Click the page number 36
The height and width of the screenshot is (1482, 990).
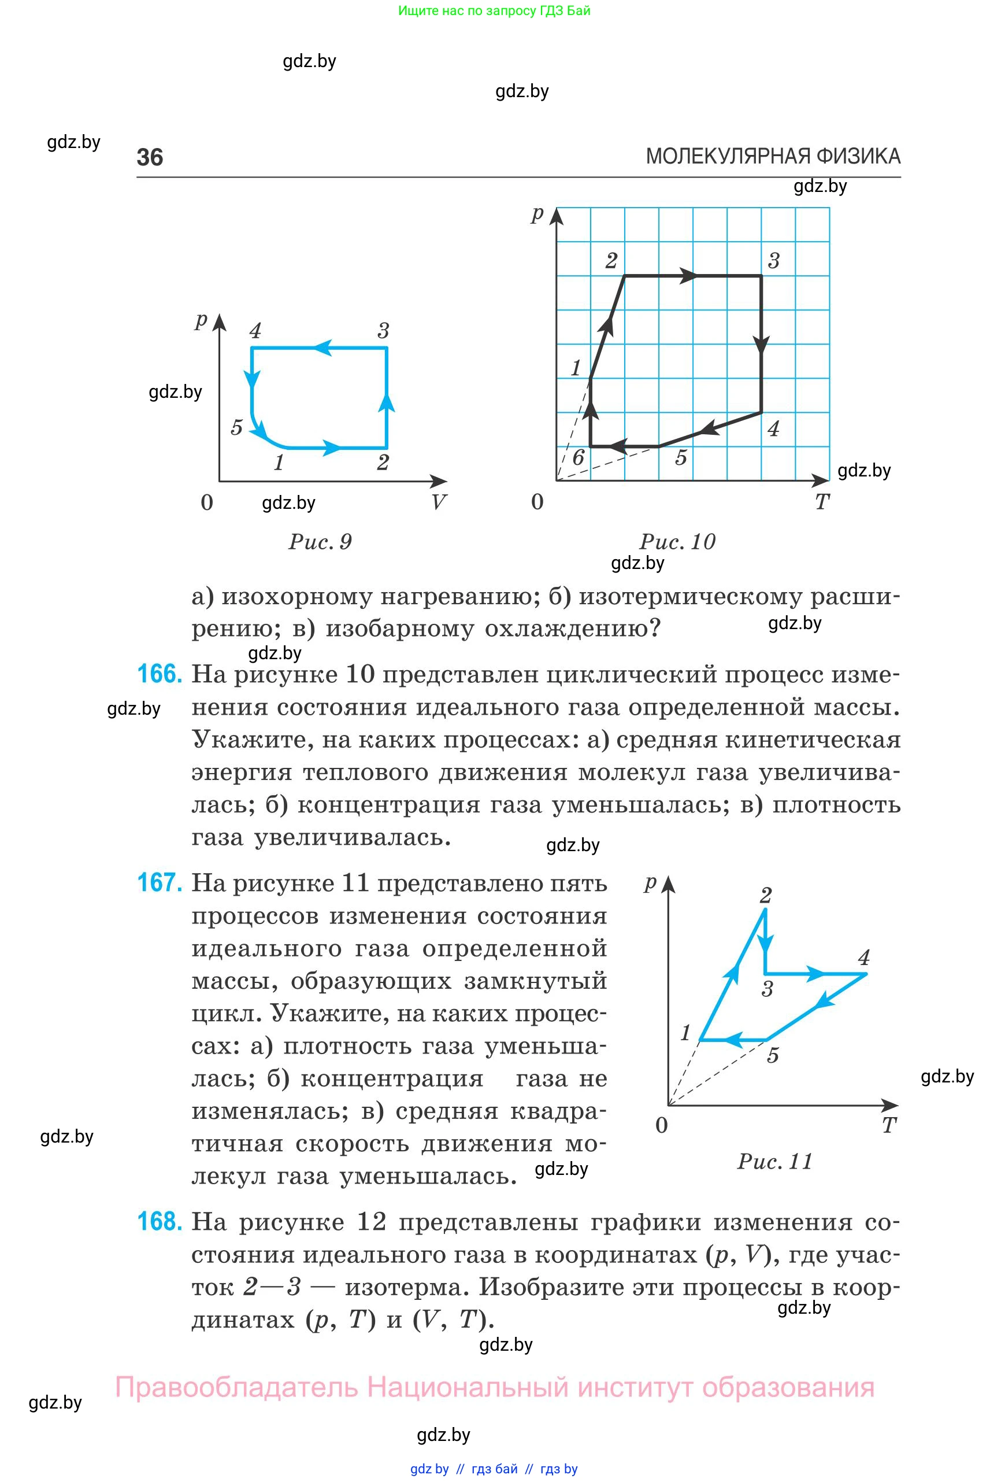(x=150, y=157)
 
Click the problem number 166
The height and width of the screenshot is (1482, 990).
(x=159, y=674)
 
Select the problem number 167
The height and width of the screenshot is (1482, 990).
(x=159, y=882)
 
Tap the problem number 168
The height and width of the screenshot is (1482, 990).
(x=159, y=1221)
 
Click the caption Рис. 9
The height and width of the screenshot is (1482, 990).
(x=320, y=541)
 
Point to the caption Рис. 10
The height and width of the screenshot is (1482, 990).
(x=677, y=541)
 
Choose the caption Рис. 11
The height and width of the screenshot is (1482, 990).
(x=774, y=1161)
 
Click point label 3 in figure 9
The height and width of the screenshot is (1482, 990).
(x=383, y=330)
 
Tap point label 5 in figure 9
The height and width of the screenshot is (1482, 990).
(x=236, y=428)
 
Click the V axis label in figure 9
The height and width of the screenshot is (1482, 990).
(x=438, y=502)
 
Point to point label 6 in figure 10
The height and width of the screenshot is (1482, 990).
(x=578, y=457)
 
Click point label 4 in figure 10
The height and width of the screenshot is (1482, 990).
(x=773, y=429)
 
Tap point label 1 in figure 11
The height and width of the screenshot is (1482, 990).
(x=685, y=1033)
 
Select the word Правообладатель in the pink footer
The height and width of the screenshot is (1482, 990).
(x=236, y=1388)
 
